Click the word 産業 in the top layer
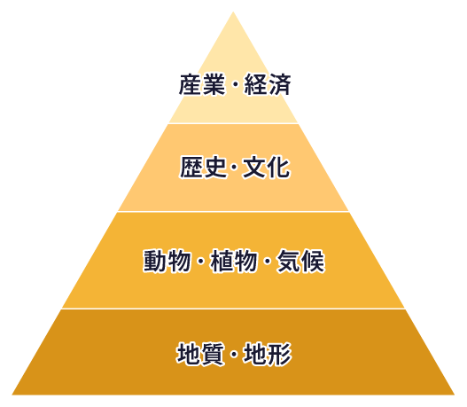pyautogui.click(x=202, y=85)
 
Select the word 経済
pyautogui.click(x=268, y=85)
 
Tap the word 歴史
pyautogui.click(x=203, y=168)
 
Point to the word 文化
pyautogui.click(x=266, y=168)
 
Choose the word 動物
pyautogui.click(x=167, y=261)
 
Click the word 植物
pyautogui.click(x=234, y=261)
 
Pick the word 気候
pyautogui.click(x=300, y=261)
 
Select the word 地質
pyautogui.click(x=200, y=354)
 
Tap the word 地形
pyautogui.click(x=268, y=354)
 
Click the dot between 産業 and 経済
pyautogui.click(x=235, y=85)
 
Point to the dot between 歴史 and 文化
pyautogui.click(x=235, y=168)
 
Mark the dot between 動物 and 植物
pyautogui.click(x=200, y=262)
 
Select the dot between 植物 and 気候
pyautogui.click(x=267, y=262)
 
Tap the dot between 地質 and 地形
pyautogui.click(x=234, y=355)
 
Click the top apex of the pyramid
pyautogui.click(x=233, y=12)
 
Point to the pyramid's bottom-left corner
pyautogui.click(x=12, y=395)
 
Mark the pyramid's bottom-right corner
pyautogui.click(x=455, y=395)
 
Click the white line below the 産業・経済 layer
pyautogui.click(x=234, y=123)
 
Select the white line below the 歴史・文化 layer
pyautogui.click(x=234, y=212)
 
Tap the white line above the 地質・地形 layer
pyautogui.click(x=234, y=309)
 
